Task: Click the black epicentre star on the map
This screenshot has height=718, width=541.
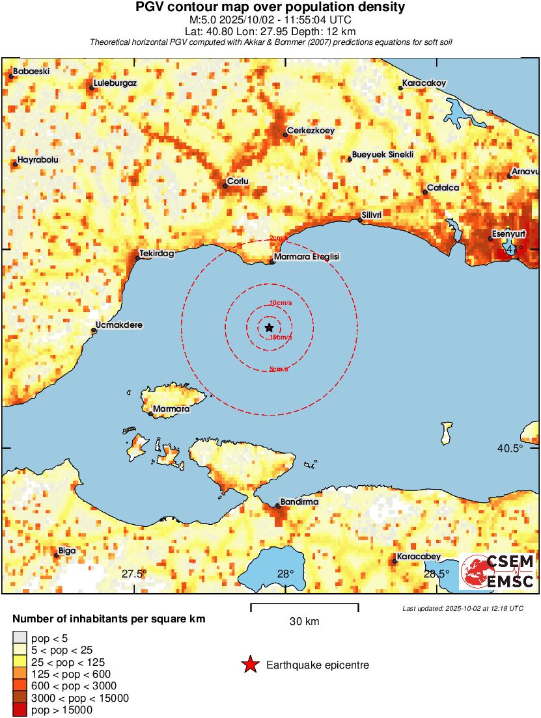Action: coord(270,328)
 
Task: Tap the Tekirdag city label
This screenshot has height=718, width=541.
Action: coord(157,254)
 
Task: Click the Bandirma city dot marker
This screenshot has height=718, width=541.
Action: coord(278,505)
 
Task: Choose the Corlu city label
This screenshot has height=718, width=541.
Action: coord(237,181)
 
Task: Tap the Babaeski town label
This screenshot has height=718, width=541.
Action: coord(31,71)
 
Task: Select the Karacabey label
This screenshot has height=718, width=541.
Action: coord(419,556)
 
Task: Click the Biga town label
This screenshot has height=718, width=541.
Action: coord(67,550)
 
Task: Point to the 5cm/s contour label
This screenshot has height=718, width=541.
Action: coord(280,369)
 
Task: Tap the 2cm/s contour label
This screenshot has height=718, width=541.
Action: coord(278,238)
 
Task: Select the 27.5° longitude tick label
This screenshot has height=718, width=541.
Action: coord(134,574)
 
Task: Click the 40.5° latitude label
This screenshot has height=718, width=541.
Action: coord(510,449)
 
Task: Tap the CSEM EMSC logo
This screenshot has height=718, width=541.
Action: coord(498,572)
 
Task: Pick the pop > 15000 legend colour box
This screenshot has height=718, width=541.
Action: coord(20,710)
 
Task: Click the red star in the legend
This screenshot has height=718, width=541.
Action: coord(250,665)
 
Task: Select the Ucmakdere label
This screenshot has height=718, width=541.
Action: coord(119,325)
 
